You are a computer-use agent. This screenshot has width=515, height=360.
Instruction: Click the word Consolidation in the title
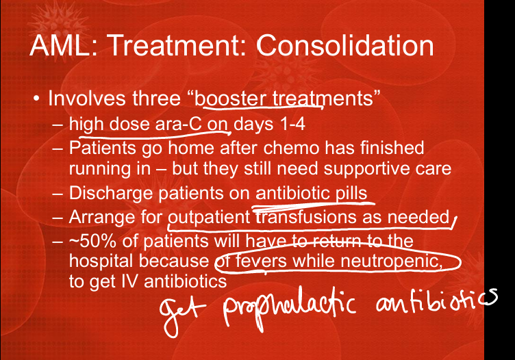[345, 45]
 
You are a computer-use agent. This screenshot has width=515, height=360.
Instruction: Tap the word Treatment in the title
[177, 45]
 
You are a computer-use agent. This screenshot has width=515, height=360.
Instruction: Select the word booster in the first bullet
[230, 99]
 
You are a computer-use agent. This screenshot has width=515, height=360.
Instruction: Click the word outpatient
[210, 218]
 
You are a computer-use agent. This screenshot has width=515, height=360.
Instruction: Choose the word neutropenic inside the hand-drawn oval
[390, 261]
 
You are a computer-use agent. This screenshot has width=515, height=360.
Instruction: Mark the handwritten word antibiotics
[437, 301]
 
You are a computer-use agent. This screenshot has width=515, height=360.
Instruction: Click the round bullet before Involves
[36, 99]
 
